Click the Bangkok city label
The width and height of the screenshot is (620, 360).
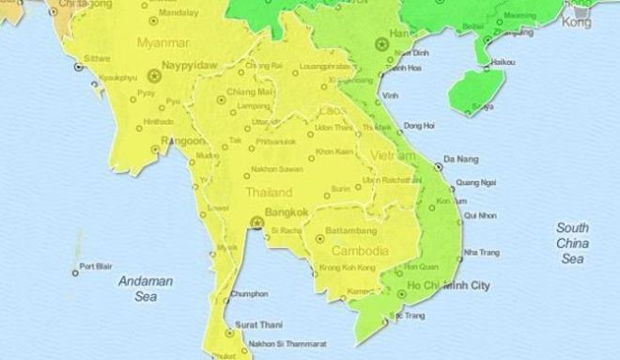[288, 212]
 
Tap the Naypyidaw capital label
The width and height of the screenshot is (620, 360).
[189, 65]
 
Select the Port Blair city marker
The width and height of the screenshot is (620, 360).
[75, 273]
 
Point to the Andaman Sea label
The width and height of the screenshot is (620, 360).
[137, 289]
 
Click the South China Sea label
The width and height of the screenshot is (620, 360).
[572, 243]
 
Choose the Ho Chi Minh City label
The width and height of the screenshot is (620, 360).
[448, 284]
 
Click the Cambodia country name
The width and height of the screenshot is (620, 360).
[360, 251]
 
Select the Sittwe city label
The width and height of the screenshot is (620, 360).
[97, 57]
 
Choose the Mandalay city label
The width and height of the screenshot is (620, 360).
[179, 15]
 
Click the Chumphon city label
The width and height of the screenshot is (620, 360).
[249, 293]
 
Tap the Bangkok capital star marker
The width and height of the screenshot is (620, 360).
[256, 223]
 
